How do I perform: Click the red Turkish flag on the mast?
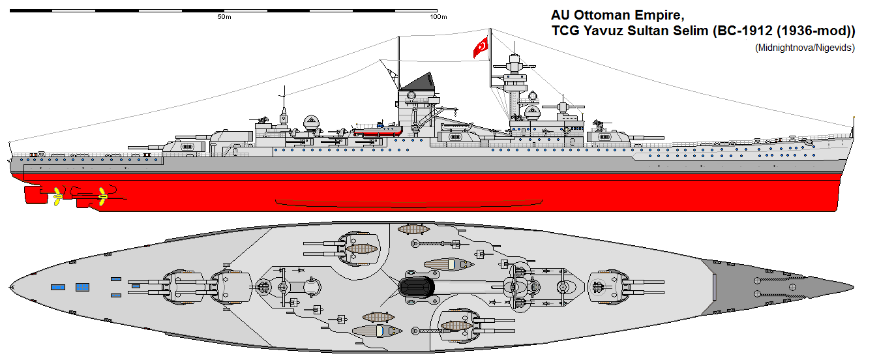481,47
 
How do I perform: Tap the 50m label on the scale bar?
224,17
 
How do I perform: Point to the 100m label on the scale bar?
438,17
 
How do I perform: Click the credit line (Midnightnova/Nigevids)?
805,48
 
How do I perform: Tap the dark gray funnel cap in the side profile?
417,82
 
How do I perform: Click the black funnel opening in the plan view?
417,288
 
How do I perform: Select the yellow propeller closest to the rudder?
57,194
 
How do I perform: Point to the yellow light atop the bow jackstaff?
854,117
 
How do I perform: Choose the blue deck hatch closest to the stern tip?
57,287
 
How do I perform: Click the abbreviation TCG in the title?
564,31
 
